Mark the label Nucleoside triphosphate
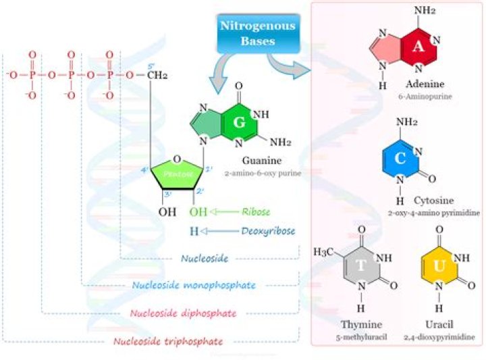click(x=169, y=341)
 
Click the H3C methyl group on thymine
click(x=324, y=252)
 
